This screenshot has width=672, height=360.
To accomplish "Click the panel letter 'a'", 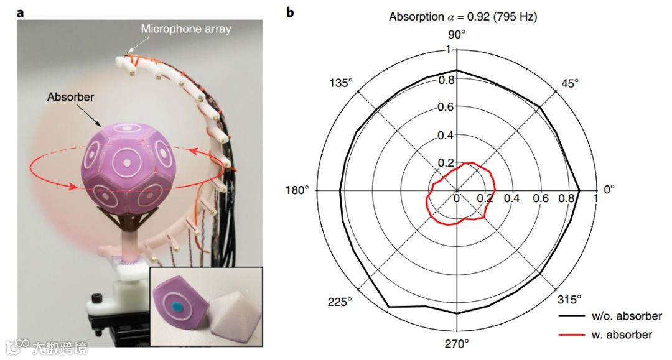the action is (x=21, y=11).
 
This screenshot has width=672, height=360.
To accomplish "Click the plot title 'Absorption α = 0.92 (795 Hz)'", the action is (x=463, y=17).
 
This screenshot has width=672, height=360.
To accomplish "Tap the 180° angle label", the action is (x=298, y=189).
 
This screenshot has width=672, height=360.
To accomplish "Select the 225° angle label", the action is (x=341, y=301).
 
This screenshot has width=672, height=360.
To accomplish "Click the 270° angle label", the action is (x=456, y=344).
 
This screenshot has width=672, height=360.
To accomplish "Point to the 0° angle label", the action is (x=610, y=189).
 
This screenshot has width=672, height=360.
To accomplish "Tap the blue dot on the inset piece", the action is (x=177, y=305).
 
